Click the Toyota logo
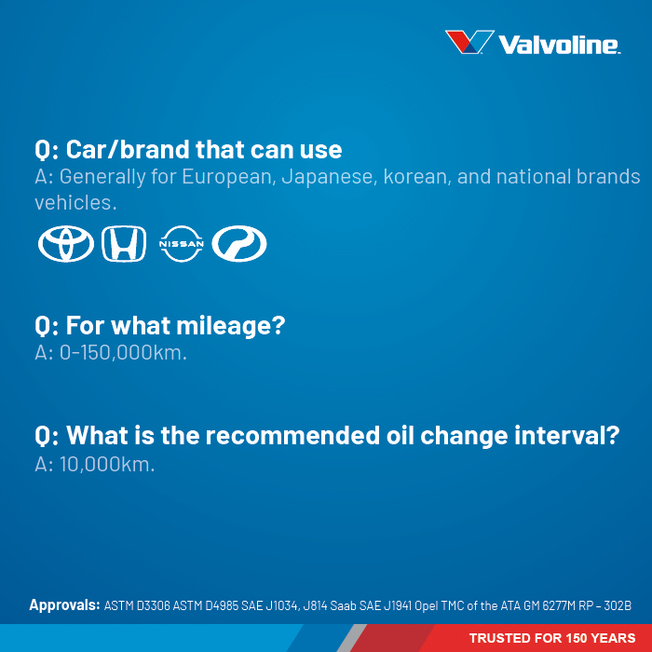coord(66,244)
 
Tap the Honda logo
coord(124,244)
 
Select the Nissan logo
coord(182,244)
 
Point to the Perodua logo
coord(239,244)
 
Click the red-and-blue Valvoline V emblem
coord(469,42)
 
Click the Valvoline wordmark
coord(560,45)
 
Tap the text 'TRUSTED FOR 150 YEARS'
coord(552,638)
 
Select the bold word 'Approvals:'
coord(64,605)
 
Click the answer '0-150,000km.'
coord(123,353)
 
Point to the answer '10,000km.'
coord(107,464)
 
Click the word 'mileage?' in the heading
coord(231,326)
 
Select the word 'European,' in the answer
coord(229,177)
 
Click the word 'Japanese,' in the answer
coord(330,177)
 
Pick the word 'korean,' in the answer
coord(417,177)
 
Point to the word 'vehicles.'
coord(75,203)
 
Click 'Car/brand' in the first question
coord(128,149)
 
